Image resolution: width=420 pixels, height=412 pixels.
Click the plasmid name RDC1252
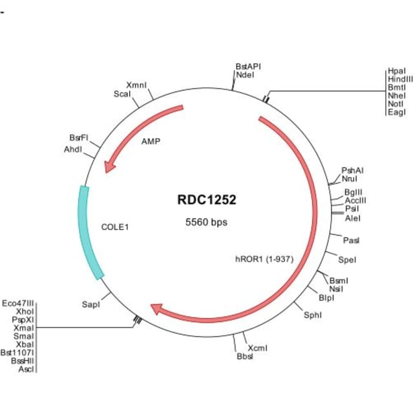206,200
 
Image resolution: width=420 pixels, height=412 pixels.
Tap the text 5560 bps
206,222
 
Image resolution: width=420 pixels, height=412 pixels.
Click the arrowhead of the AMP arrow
110,167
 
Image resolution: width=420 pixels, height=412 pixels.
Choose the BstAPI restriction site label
248,66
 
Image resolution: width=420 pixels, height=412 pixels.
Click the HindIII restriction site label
400,78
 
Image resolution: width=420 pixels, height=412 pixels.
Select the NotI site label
396,103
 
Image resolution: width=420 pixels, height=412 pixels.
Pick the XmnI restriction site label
136,85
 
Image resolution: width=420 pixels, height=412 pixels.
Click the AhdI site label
73,149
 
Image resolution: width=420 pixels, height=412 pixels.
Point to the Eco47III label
18,303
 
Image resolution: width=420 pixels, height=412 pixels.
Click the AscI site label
26,369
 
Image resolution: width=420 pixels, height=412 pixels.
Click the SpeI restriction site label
347,259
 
